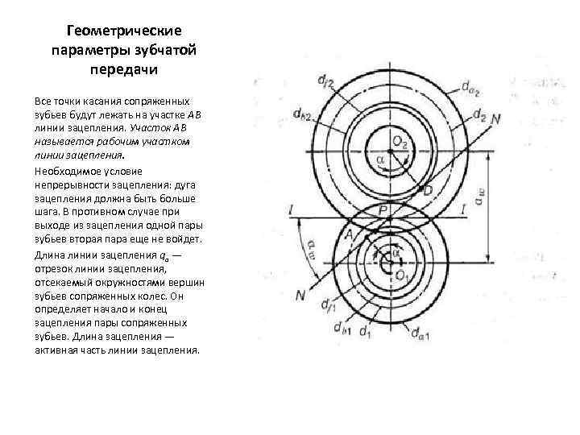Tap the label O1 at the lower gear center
point(401,275)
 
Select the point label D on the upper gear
point(427,190)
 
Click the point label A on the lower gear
point(349,233)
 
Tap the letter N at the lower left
point(300,296)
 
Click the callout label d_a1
point(421,331)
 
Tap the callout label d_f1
point(328,306)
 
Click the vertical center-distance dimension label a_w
point(480,198)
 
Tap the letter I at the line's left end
point(289,211)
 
